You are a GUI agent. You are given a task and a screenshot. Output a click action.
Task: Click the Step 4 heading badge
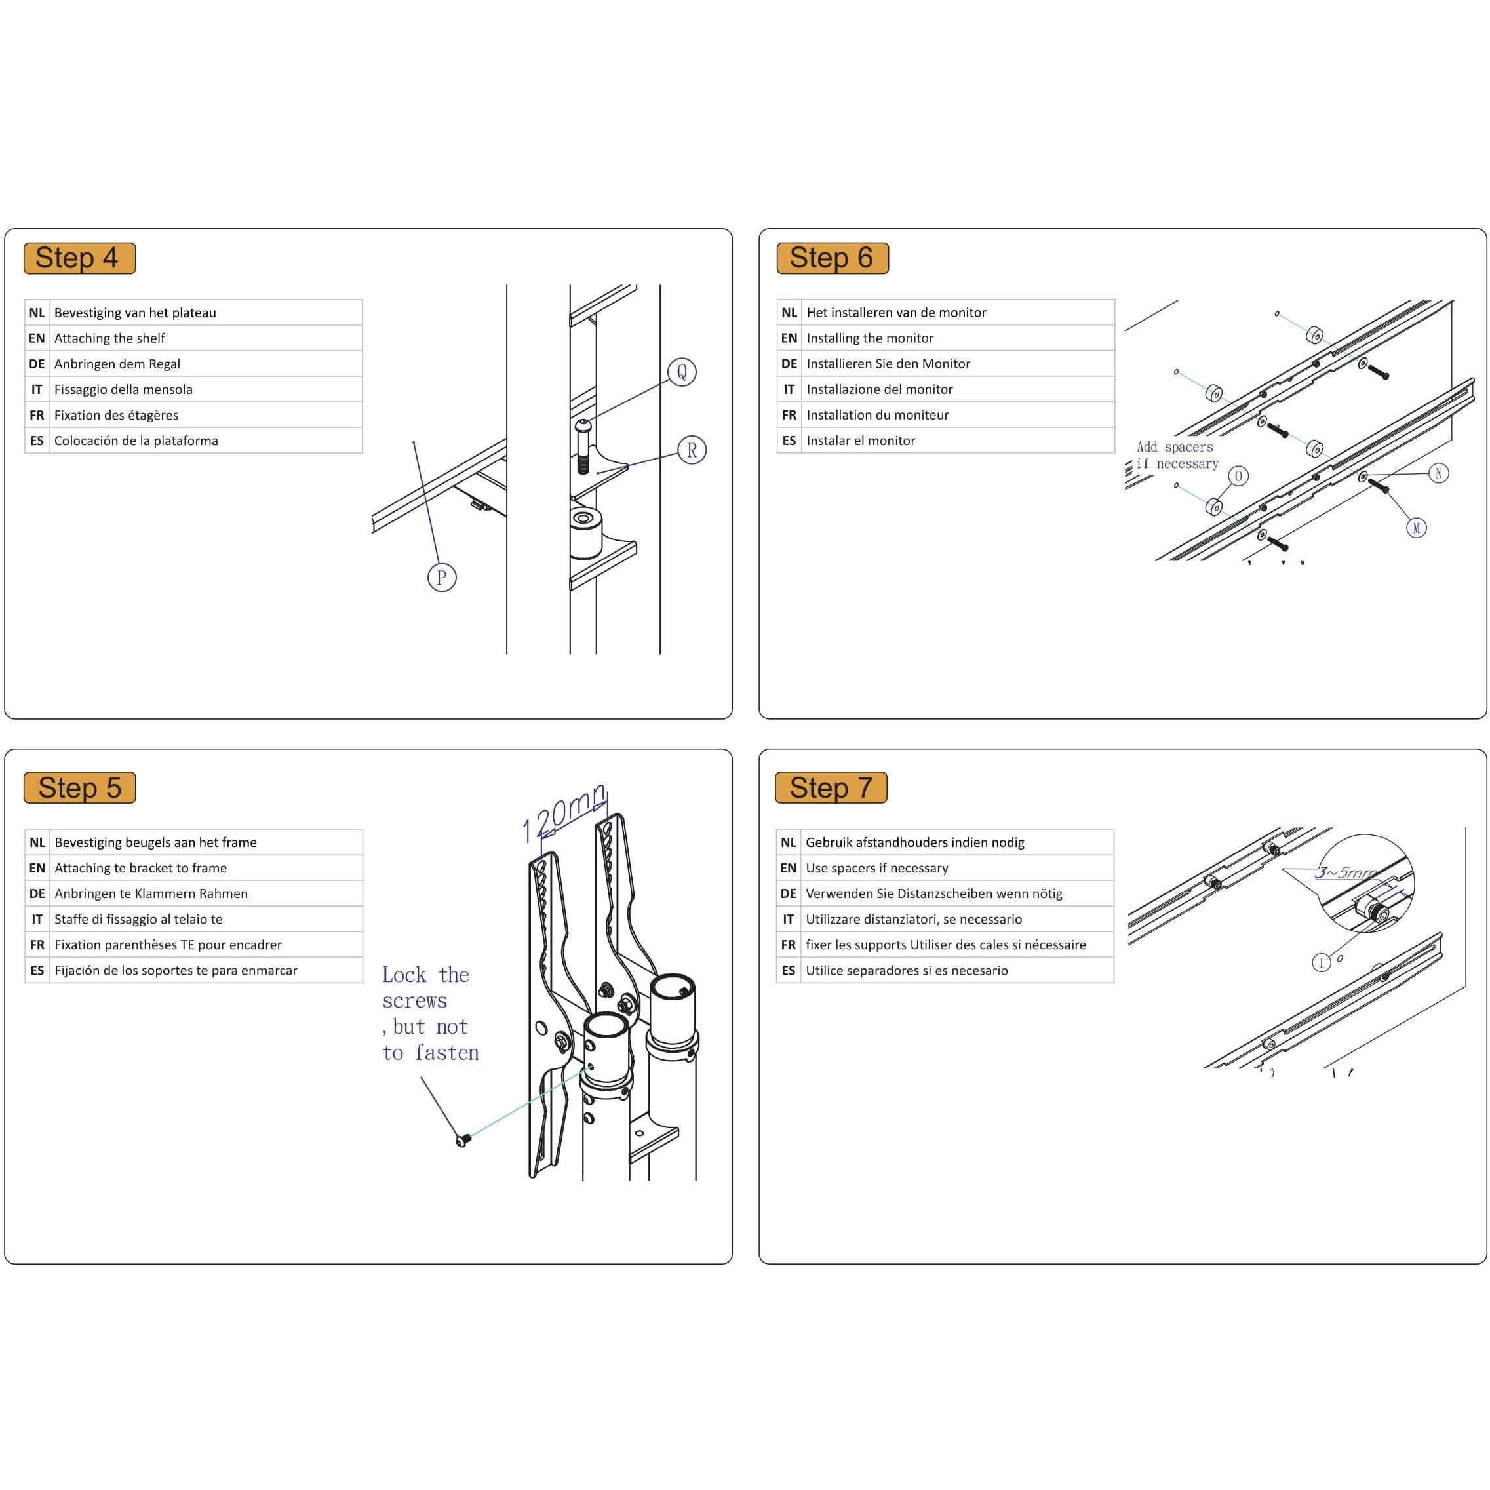[x=79, y=258]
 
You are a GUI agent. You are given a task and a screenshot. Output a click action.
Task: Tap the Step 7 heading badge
[x=831, y=787]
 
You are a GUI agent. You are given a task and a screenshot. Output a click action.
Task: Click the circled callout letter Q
[x=682, y=372]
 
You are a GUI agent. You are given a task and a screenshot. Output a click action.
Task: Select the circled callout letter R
[x=692, y=450]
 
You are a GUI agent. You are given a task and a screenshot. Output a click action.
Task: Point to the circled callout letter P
[x=442, y=577]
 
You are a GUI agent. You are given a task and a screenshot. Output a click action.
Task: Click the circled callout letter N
[x=1438, y=473]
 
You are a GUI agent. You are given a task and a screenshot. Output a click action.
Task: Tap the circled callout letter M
[x=1416, y=528]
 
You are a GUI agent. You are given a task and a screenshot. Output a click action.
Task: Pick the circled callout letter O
[x=1238, y=476]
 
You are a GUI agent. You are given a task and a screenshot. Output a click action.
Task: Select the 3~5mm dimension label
[x=1344, y=872]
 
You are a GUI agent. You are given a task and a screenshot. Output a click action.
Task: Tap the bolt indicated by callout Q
[x=583, y=447]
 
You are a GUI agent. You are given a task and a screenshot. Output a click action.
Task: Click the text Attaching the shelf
[x=109, y=338]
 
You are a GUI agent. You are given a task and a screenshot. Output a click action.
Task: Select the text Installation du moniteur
[x=877, y=415]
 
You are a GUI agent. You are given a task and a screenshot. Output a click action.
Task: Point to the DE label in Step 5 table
[x=37, y=893]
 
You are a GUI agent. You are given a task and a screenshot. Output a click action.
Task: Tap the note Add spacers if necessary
[x=1176, y=455]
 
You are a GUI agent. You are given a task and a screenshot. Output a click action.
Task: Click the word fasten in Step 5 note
[x=446, y=1053]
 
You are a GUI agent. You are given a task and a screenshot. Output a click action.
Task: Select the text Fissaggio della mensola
[x=123, y=389]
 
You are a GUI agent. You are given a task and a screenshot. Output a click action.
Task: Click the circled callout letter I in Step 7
[x=1321, y=962]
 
